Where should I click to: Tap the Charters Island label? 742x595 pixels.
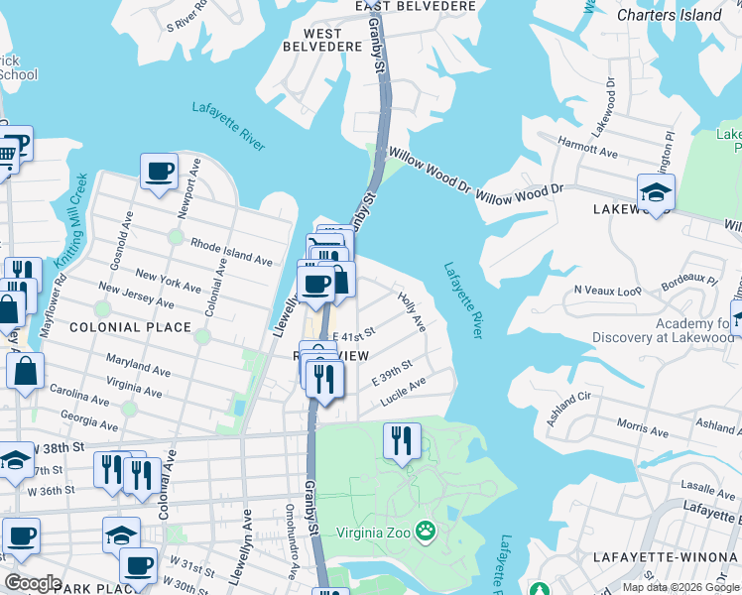(x=669, y=15)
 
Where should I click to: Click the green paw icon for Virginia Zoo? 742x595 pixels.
(x=426, y=532)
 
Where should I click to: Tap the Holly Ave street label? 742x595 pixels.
(x=411, y=310)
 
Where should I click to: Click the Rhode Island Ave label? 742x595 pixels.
(x=231, y=253)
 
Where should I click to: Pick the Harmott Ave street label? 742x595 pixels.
(x=586, y=142)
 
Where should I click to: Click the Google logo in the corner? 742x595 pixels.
(x=33, y=583)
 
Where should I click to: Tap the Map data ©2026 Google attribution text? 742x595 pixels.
(x=681, y=587)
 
